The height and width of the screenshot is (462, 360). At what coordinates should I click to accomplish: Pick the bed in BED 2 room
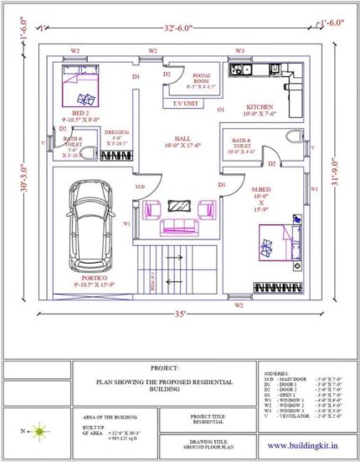click(75, 85)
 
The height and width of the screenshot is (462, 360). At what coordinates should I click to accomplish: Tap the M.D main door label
click(141, 187)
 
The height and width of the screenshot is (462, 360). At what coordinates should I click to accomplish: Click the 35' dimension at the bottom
click(177, 319)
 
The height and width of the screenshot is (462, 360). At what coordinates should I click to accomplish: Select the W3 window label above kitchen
click(239, 51)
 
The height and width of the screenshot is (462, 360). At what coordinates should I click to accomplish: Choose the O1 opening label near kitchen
click(222, 110)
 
